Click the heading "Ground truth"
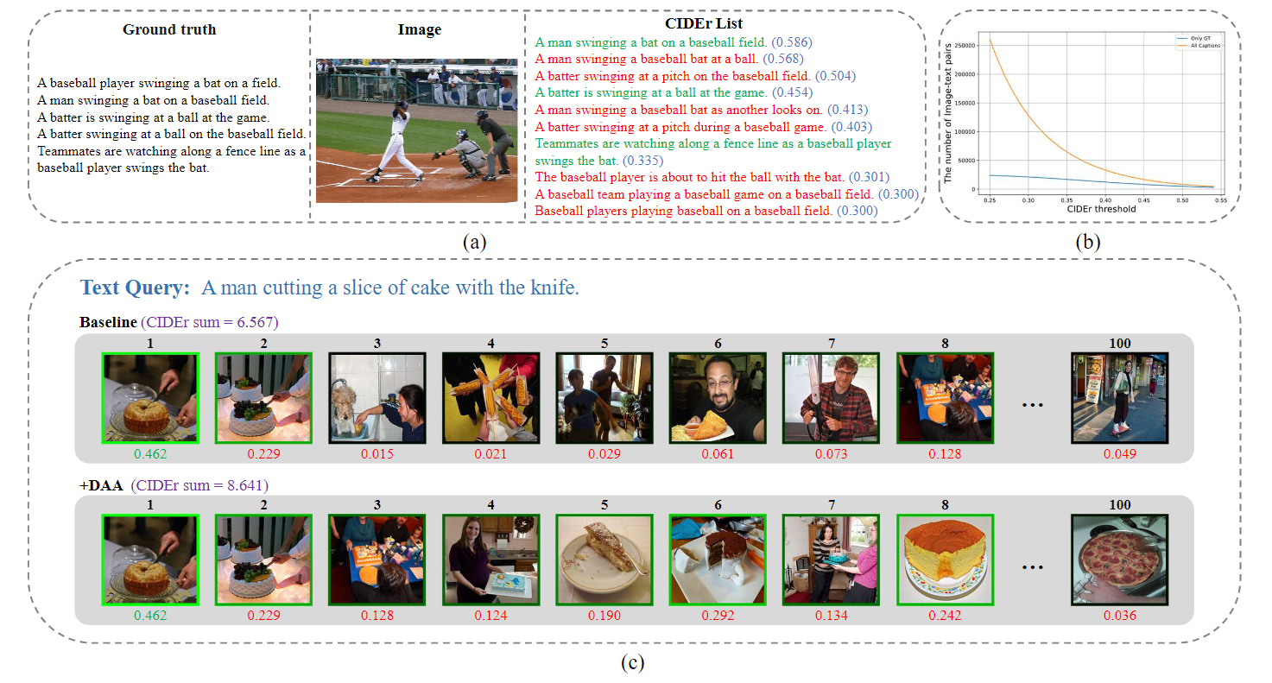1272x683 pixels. click(x=169, y=29)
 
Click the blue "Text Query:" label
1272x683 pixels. click(x=135, y=288)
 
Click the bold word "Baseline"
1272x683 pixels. click(x=108, y=323)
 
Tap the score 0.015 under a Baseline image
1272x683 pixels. click(x=377, y=454)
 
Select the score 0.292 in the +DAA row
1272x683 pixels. click(x=718, y=616)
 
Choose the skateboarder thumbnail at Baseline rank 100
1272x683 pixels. click(x=1119, y=398)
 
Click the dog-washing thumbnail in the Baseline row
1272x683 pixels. click(x=377, y=398)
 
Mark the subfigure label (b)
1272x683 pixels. click(x=1087, y=243)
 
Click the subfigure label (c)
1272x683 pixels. click(x=633, y=663)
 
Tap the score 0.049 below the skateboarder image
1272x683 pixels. click(x=1119, y=454)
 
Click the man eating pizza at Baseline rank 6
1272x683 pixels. click(x=718, y=398)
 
